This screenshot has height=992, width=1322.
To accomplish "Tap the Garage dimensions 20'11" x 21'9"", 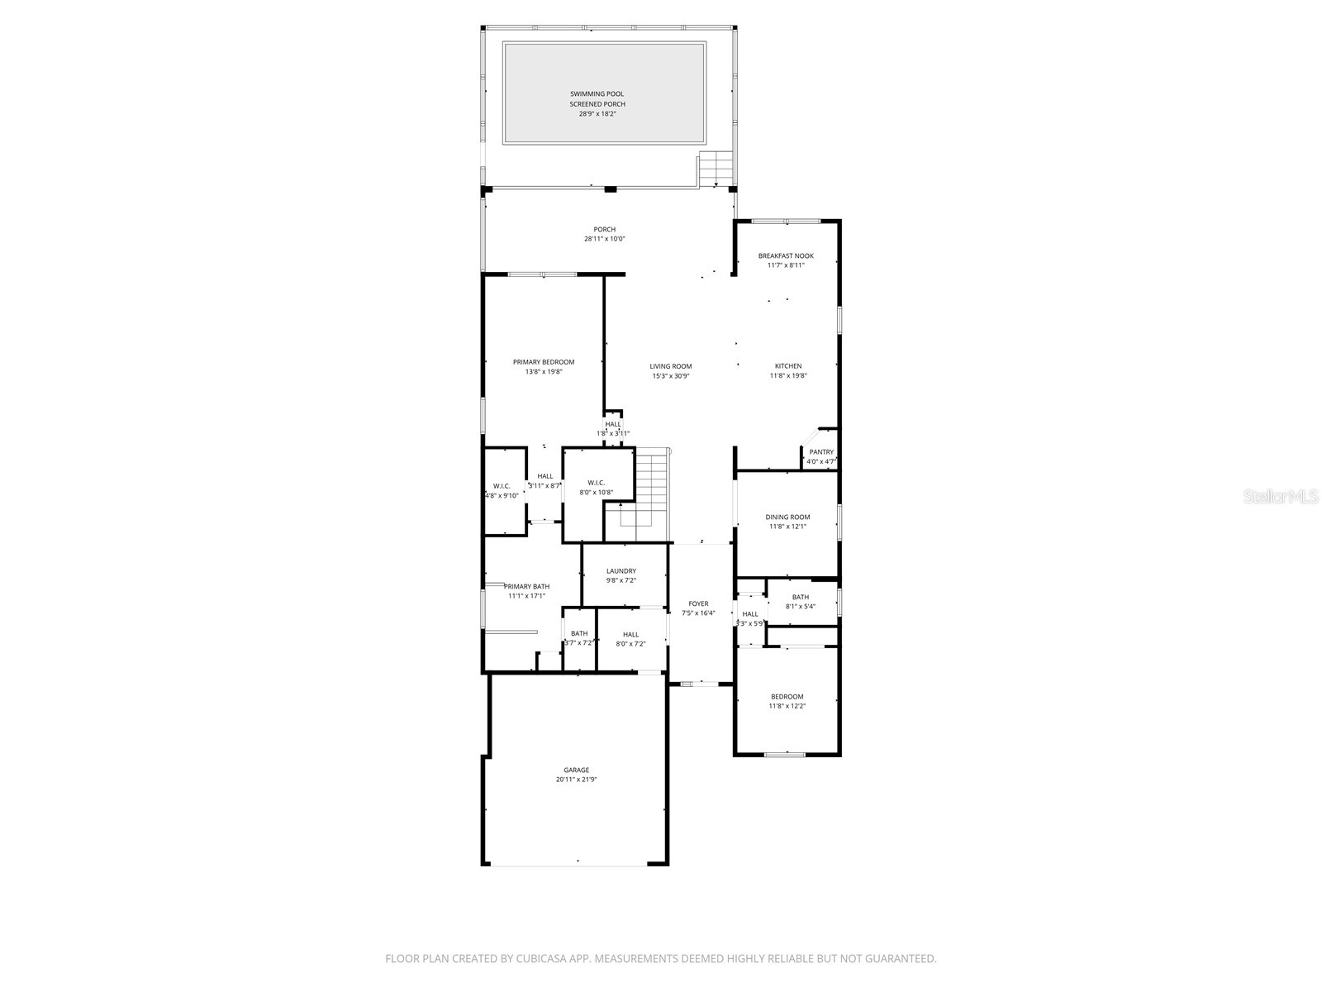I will point(576,780).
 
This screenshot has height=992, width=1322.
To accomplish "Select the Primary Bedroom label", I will point(543,362).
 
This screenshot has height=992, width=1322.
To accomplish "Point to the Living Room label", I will point(670,366).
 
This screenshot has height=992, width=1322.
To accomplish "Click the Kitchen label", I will point(787,366).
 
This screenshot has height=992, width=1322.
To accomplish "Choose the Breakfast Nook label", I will point(786,256).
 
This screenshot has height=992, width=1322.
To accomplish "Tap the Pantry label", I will point(821,452).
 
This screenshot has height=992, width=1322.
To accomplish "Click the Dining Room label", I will point(787,517).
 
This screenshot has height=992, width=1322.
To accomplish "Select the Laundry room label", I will point(621,571).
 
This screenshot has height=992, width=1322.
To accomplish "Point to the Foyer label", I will point(698,604).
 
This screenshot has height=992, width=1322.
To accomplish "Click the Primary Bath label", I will point(526,587).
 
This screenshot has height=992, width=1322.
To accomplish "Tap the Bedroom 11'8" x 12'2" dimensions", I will point(787,707).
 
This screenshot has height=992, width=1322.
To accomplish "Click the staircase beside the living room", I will point(650,488).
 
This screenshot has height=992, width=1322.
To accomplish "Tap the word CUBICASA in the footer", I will point(538,959).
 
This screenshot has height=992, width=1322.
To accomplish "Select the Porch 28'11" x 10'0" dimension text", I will point(604,240).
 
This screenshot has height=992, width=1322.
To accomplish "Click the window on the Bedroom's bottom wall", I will point(784,754).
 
